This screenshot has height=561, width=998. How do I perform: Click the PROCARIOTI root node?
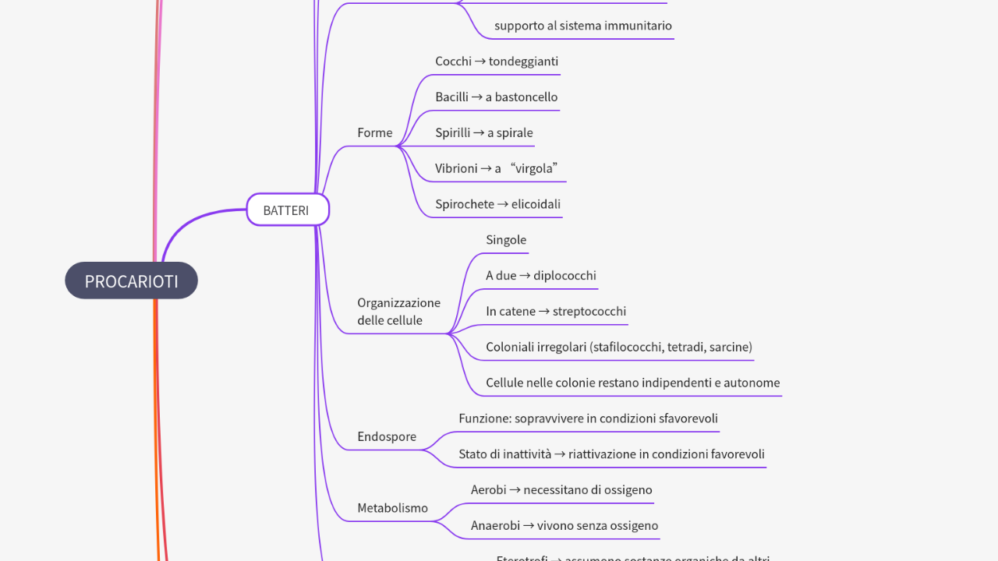(x=131, y=281)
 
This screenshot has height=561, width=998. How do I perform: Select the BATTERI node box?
(x=287, y=210)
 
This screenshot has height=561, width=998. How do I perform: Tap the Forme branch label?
(x=374, y=133)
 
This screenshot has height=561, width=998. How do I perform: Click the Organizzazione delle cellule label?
(x=398, y=312)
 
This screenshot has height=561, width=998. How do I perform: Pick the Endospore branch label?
(x=386, y=437)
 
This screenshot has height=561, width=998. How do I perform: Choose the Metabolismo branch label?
(x=392, y=508)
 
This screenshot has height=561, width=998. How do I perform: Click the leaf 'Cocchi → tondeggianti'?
(x=497, y=62)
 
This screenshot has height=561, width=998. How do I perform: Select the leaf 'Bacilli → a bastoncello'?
(x=496, y=97)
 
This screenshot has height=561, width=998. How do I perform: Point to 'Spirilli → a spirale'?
(x=483, y=133)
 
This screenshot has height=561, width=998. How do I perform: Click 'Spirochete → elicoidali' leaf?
(x=497, y=204)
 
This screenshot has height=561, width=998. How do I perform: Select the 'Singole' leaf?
(x=506, y=240)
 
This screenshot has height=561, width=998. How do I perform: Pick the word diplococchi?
(x=564, y=276)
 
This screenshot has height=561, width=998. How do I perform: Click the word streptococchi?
(x=589, y=312)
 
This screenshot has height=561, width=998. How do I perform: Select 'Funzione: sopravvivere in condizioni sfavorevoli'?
(x=588, y=419)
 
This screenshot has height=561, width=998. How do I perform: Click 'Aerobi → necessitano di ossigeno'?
(x=561, y=490)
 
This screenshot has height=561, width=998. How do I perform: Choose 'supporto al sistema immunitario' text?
(x=582, y=26)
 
